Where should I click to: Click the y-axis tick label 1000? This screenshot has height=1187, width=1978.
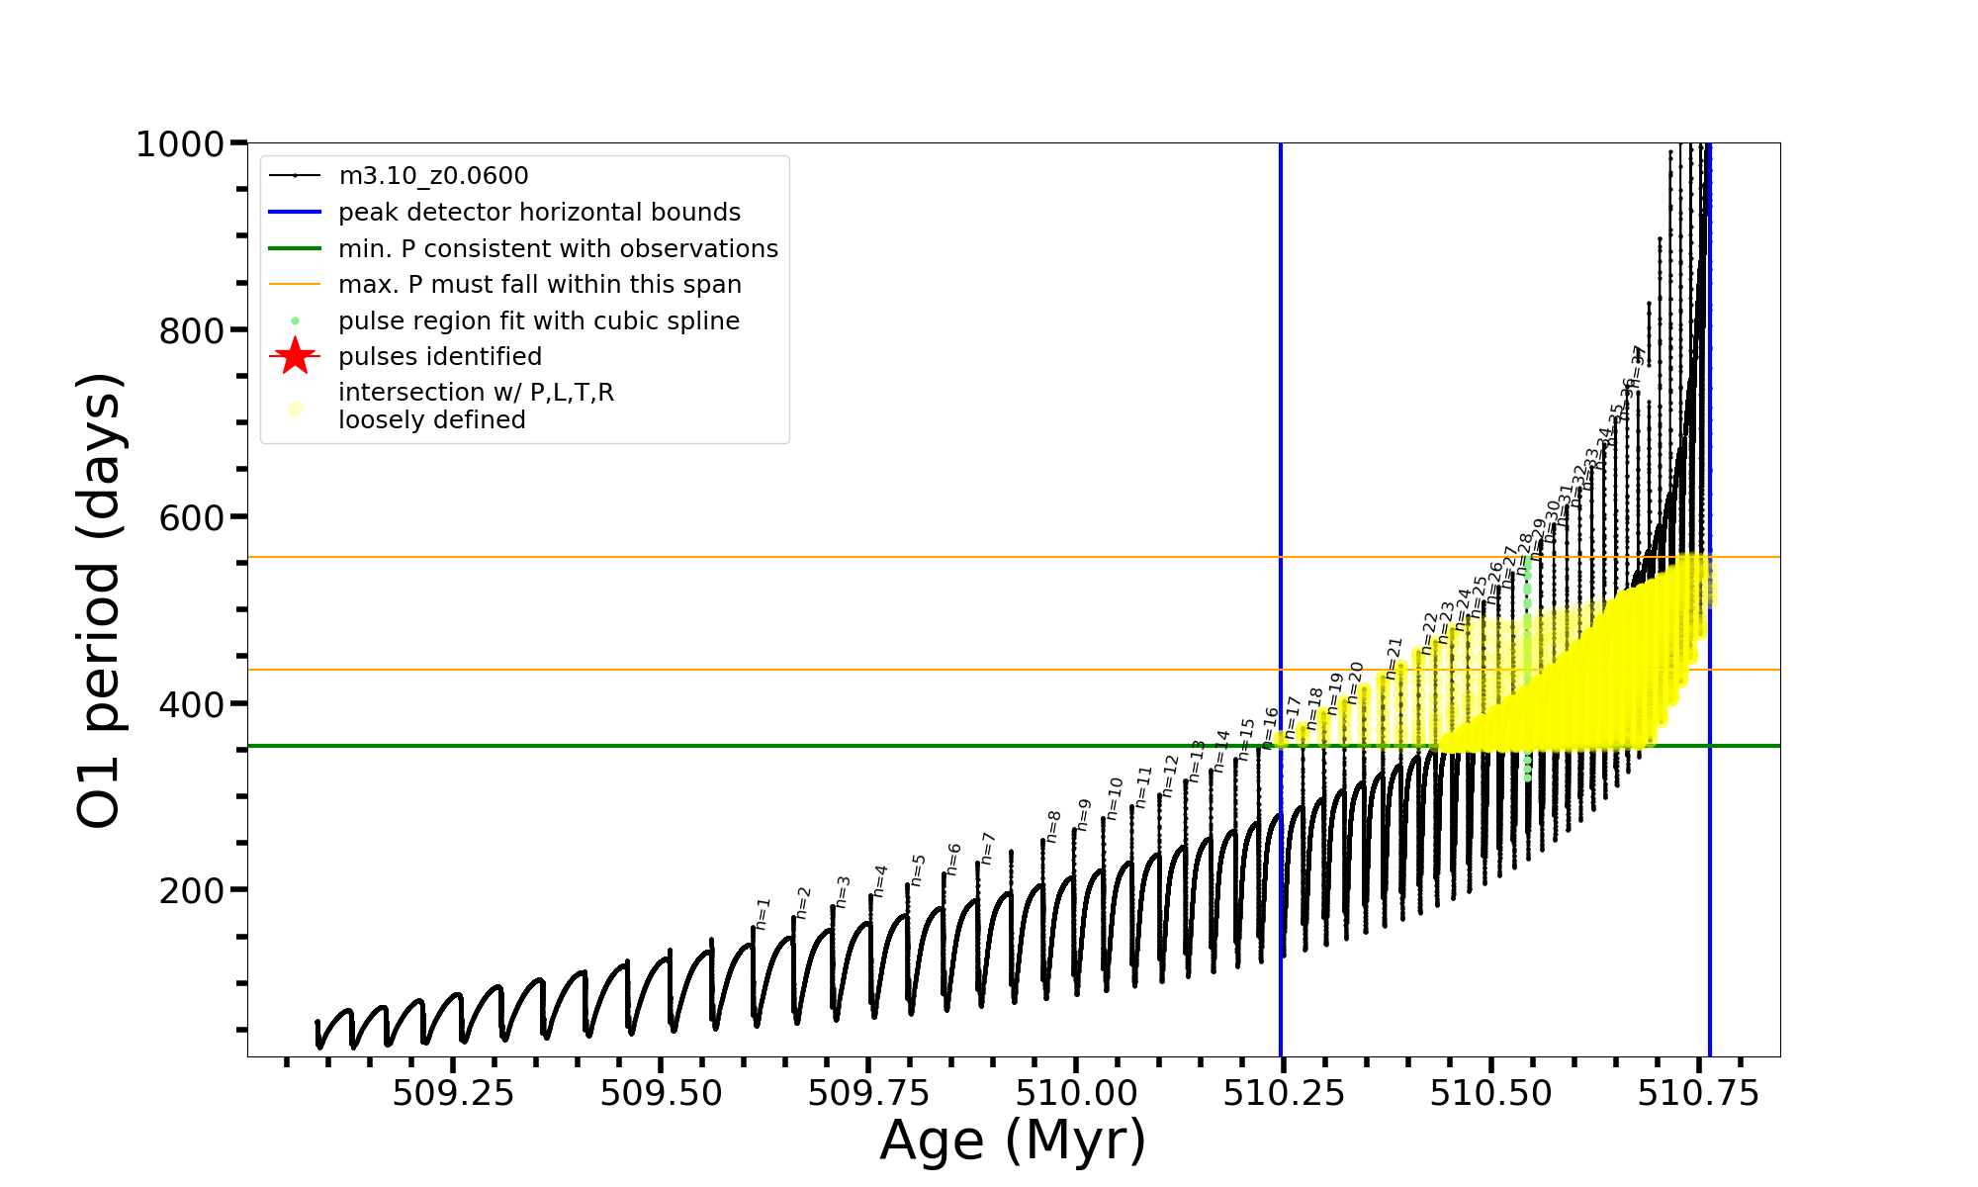pyautogui.click(x=180, y=145)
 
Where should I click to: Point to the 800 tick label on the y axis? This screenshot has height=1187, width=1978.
pyautogui.click(x=192, y=331)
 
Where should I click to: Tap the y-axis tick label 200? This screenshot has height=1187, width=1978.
pyautogui.click(x=192, y=891)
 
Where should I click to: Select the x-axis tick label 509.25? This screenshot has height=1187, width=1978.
pyautogui.click(x=453, y=1093)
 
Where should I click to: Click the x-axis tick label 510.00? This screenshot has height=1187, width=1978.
pyautogui.click(x=1076, y=1093)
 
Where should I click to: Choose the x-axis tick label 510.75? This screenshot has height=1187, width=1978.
pyautogui.click(x=1699, y=1093)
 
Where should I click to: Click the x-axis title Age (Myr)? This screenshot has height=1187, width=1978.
pyautogui.click(x=1013, y=1141)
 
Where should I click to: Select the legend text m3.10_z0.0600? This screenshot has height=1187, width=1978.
pyautogui.click(x=433, y=176)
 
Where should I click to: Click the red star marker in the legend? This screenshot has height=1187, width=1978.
pyautogui.click(x=295, y=356)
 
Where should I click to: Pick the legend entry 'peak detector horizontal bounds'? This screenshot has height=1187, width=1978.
pyautogui.click(x=539, y=213)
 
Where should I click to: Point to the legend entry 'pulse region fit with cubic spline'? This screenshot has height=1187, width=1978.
pyautogui.click(x=539, y=321)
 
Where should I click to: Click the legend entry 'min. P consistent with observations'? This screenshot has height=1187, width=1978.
pyautogui.click(x=558, y=249)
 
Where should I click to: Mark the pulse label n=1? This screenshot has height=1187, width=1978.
pyautogui.click(x=763, y=914)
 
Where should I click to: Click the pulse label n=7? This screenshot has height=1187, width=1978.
pyautogui.click(x=987, y=849)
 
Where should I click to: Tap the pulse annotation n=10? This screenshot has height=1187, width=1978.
pyautogui.click(x=1115, y=798)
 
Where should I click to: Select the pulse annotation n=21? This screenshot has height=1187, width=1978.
pyautogui.click(x=1394, y=659)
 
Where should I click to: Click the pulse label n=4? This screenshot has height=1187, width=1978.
pyautogui.click(x=880, y=880)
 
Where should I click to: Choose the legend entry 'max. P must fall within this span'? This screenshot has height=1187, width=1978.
pyautogui.click(x=539, y=285)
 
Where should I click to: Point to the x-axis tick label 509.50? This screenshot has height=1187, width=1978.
pyautogui.click(x=661, y=1093)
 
